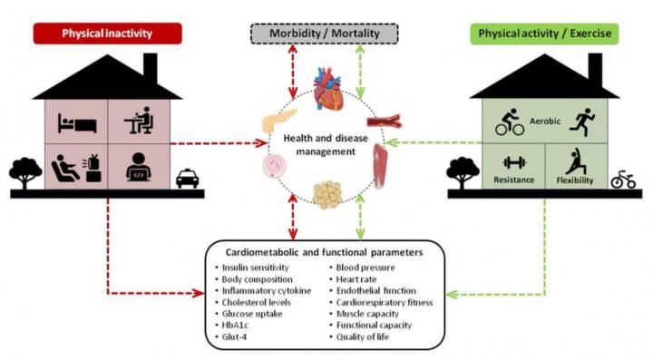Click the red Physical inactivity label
pos(107,34)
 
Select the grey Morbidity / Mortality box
pos(325,34)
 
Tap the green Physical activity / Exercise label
pos(545,34)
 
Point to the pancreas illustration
pos(279,121)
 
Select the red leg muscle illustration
pos(380,166)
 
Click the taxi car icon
pos(188,179)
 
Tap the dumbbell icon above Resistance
pos(514,162)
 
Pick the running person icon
pos(582,122)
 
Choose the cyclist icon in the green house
pos(510,122)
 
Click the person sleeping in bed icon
pos(77,122)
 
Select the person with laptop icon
pos(138,167)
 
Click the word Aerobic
pos(545,122)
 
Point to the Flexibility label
pos(575,180)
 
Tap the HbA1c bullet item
pos(231,325)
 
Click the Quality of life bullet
pos(359,336)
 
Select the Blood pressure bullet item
pos(362,268)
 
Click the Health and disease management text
pos(326,144)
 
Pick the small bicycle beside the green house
pos(623,180)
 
